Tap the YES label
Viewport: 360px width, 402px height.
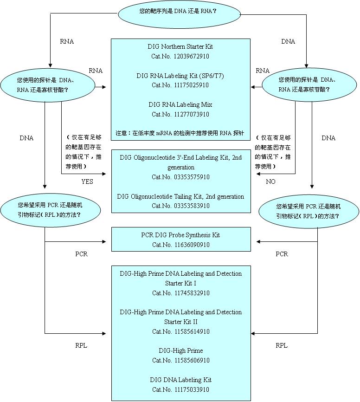click(x=87, y=182)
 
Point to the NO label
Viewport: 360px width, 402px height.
click(x=270, y=182)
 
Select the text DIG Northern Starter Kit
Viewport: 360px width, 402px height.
click(x=180, y=47)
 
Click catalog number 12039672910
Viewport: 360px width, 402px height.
click(x=180, y=56)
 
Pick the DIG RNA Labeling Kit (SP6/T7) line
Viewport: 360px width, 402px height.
click(x=180, y=76)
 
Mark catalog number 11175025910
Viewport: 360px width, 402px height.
click(x=180, y=85)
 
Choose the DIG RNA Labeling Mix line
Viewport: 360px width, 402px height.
click(x=180, y=104)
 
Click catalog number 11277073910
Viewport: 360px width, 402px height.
click(x=180, y=114)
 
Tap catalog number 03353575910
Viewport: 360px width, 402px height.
click(x=180, y=177)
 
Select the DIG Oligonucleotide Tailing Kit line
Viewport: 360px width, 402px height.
click(x=180, y=196)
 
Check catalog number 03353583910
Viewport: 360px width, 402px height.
click(x=180, y=206)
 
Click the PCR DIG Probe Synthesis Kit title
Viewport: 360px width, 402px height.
click(x=180, y=235)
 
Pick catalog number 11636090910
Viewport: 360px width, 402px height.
click(x=180, y=245)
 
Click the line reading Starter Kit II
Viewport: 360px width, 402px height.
click(x=180, y=322)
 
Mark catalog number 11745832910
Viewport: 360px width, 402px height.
click(x=180, y=293)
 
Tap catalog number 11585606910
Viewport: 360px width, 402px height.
click(x=180, y=360)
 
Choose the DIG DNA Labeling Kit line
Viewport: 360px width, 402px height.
click(x=180, y=380)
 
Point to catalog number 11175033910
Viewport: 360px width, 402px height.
click(x=180, y=389)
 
